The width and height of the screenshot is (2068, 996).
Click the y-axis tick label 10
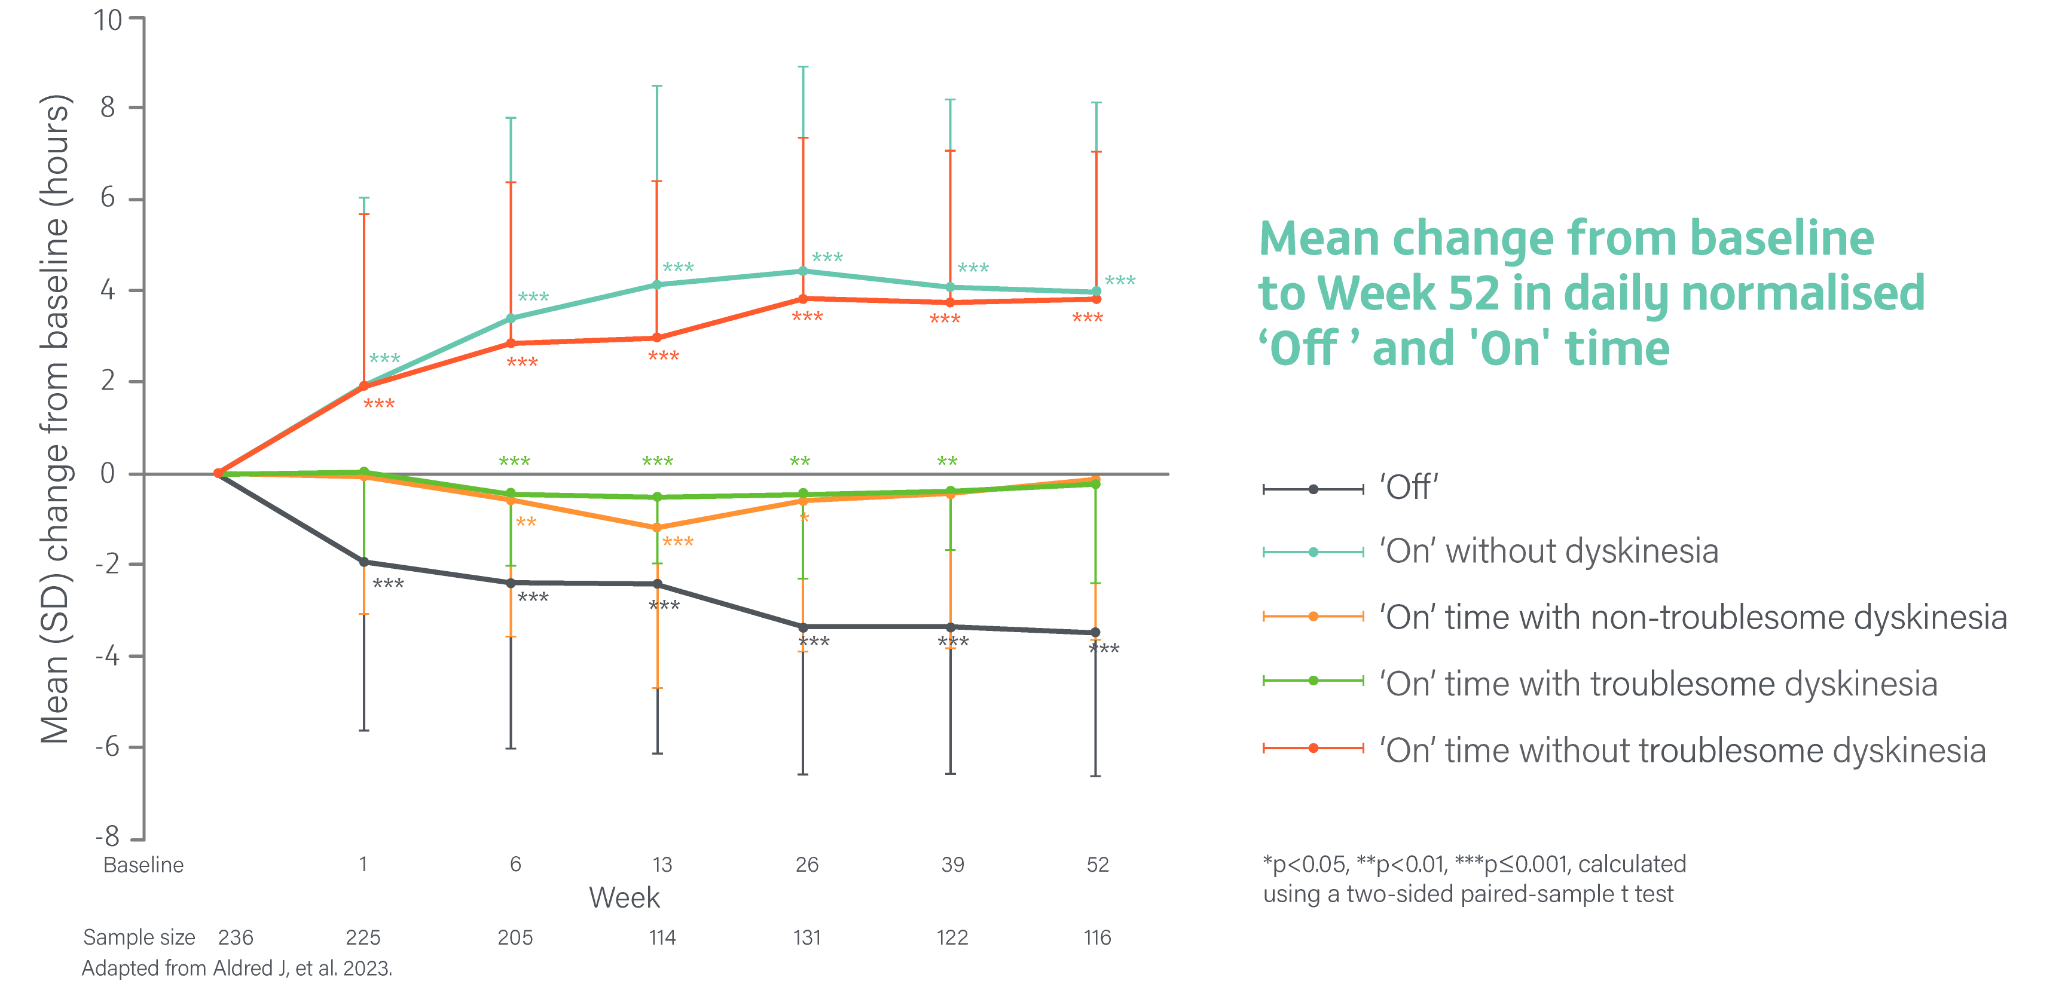[x=108, y=20]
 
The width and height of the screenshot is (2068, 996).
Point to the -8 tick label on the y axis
[x=108, y=836]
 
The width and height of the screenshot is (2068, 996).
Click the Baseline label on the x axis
[x=143, y=865]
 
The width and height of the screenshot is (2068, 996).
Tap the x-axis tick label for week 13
[x=661, y=865]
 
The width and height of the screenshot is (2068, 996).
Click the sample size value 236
[x=235, y=937]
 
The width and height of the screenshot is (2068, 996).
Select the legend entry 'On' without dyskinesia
[x=1548, y=552]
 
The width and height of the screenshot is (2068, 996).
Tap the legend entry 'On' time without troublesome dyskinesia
[x=1682, y=750]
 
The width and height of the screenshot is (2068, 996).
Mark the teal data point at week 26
[x=803, y=271]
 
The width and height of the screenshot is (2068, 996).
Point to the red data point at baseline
[x=218, y=474]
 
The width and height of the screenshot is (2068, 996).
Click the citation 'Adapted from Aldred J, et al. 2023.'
[x=237, y=969]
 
